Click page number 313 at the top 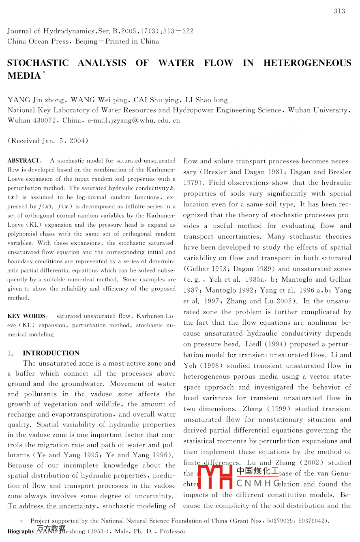tap(339, 11)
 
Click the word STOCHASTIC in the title tap(38, 63)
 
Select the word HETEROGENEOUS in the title tap(307, 63)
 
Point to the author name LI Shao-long tap(206, 100)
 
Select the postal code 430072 tap(44, 120)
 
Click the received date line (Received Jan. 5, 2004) tap(48, 141)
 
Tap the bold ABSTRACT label tap(24, 161)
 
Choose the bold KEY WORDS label tap(27, 316)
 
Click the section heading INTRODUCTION tap(51, 353)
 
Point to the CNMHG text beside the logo tap(258, 483)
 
